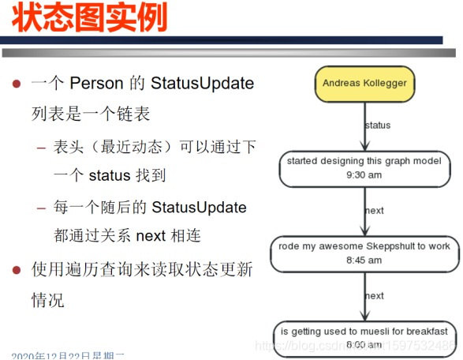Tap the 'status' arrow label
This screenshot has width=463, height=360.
pos(378,125)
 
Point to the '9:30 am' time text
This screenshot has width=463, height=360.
pos(364,175)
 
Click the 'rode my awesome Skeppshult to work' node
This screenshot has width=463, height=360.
pos(364,253)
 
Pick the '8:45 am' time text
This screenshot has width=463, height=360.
pos(364,260)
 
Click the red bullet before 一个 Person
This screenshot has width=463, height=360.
pos(15,83)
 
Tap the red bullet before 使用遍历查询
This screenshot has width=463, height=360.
pos(15,270)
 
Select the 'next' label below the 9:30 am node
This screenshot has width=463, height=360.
pos(374,211)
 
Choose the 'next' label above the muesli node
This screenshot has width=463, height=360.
pos(374,296)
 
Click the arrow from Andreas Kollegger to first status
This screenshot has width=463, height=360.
pos(364,126)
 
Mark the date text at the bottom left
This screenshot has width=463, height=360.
pos(68,354)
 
